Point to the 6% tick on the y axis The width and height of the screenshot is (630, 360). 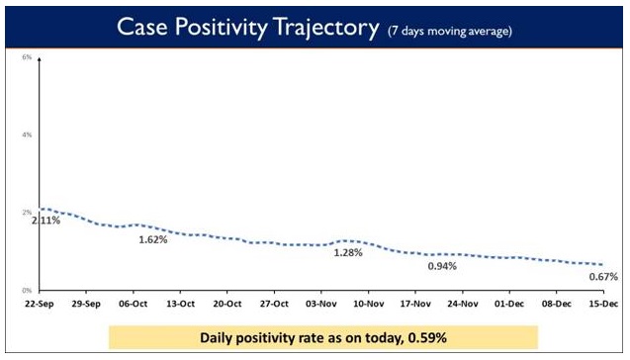(x=28, y=56)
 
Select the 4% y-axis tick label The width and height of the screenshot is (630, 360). (x=28, y=134)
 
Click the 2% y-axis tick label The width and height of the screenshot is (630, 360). (x=28, y=212)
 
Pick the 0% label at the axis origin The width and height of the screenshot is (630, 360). (x=28, y=290)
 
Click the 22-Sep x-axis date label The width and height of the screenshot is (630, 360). (x=40, y=305)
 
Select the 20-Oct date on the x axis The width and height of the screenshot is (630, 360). (x=227, y=305)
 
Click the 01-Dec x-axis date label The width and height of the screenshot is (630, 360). (x=508, y=305)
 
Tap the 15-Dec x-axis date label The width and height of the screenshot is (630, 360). (x=601, y=305)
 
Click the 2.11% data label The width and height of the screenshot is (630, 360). (x=45, y=221)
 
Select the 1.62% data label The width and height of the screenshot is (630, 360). (x=152, y=239)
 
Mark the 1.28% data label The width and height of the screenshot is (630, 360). (x=348, y=253)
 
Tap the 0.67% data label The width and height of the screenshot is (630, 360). (x=602, y=277)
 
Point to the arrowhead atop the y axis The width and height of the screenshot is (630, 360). (x=39, y=59)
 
